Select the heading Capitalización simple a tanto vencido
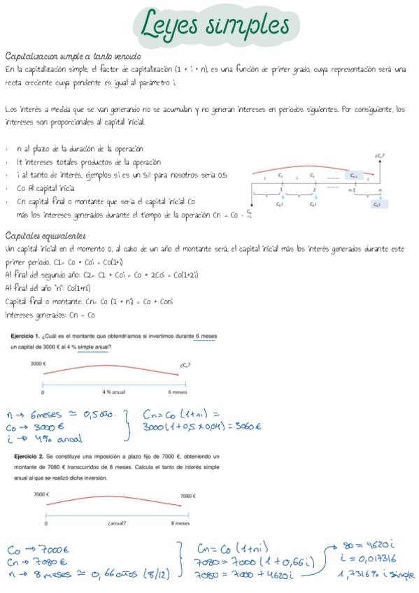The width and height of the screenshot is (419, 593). tap(73, 56)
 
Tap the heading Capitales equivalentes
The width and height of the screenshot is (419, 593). tap(45, 235)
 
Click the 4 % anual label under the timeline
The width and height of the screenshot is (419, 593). tap(113, 392)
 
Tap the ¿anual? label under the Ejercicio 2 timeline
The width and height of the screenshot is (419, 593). tap(117, 522)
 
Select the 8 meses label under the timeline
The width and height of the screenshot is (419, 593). tap(180, 522)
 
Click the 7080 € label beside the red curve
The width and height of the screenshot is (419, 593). tap(187, 496)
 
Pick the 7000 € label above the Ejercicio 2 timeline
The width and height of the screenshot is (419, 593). tap(41, 494)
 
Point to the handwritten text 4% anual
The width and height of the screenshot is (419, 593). tap(54, 439)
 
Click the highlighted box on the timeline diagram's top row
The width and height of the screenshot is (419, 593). tap(354, 176)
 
